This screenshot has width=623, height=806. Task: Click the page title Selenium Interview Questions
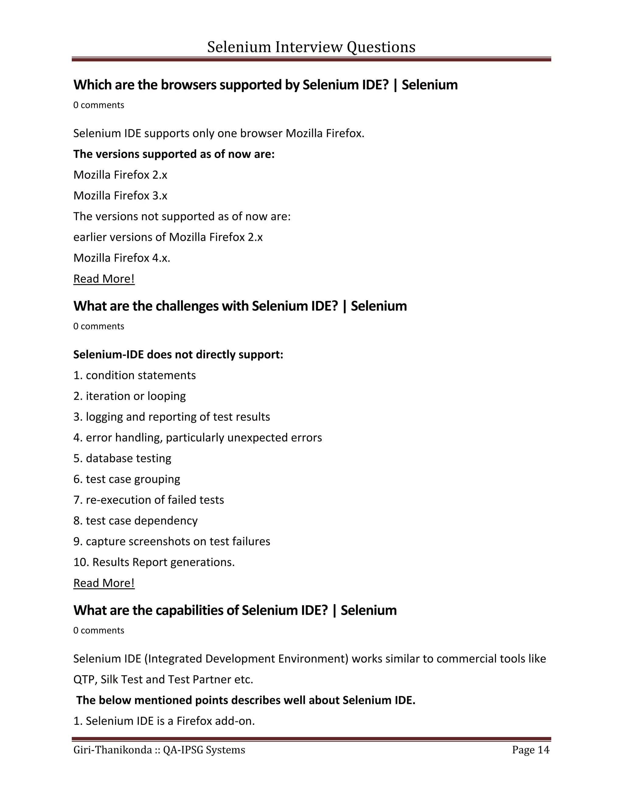[x=311, y=47]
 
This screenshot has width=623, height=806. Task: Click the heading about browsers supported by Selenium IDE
[x=265, y=85]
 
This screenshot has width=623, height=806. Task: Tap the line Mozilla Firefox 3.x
[x=120, y=196]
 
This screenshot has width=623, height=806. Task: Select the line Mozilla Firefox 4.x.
[x=122, y=258]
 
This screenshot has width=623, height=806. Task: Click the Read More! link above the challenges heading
[x=104, y=279]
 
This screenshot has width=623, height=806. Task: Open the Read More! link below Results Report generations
[x=104, y=583]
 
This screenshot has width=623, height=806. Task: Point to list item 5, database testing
[x=122, y=458]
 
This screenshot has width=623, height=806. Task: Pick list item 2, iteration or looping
[x=130, y=396]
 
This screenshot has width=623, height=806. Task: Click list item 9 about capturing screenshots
[x=172, y=541]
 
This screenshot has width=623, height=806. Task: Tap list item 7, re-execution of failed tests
[x=149, y=500]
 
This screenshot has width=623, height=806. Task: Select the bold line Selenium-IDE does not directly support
[x=178, y=355]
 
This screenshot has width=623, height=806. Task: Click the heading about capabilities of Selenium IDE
[x=235, y=610]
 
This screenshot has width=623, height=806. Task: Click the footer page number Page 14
[x=530, y=750]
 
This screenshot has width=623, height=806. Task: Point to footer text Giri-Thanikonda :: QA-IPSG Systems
[x=159, y=750]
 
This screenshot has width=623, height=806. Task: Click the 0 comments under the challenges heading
[x=99, y=326]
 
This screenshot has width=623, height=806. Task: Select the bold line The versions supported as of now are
[x=174, y=154]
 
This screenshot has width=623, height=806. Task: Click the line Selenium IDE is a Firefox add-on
[x=164, y=721]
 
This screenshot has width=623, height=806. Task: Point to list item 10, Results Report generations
[x=154, y=562]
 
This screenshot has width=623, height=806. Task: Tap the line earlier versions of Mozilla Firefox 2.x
[x=168, y=237]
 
